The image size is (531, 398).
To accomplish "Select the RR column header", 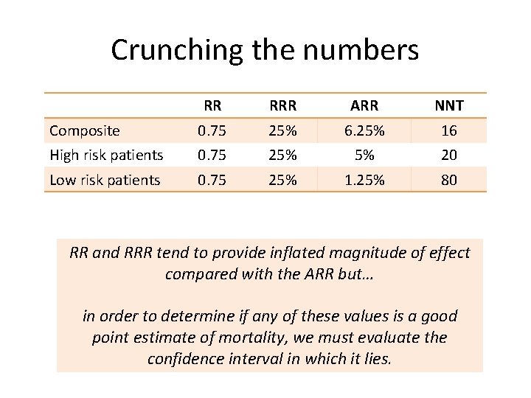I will tap(212, 106).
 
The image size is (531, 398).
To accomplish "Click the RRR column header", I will tap(283, 106).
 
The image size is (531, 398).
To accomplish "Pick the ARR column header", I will tap(365, 106).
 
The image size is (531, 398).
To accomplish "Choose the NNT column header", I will tap(448, 106).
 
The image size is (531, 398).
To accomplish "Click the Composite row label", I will tap(84, 131).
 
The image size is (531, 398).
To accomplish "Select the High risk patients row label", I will tap(106, 155).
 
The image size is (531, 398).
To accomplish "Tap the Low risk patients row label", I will tap(105, 180).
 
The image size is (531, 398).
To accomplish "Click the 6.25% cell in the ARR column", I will tap(365, 131).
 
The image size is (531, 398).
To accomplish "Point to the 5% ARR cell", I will tap(365, 155).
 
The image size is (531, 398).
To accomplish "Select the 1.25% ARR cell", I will tap(365, 180).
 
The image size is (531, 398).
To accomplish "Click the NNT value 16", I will tap(448, 131).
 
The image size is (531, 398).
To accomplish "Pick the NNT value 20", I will tap(448, 155).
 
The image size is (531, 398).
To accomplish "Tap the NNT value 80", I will tap(448, 180).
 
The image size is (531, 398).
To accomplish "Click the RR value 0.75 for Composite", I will tap(212, 131).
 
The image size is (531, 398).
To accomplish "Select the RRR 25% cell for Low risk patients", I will tap(283, 180).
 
